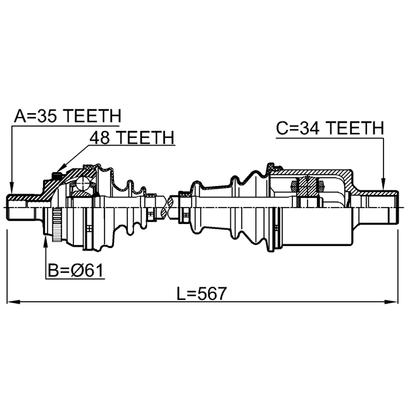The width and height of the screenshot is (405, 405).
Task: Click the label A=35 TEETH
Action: [68, 116]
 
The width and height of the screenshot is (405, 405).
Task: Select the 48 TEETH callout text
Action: [132, 137]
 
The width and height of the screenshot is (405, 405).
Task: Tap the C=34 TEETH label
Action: [330, 128]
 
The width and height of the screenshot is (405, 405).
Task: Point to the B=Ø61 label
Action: [76, 270]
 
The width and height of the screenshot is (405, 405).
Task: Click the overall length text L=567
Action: [201, 294]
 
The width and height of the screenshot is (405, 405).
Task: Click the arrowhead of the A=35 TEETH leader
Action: [11, 189]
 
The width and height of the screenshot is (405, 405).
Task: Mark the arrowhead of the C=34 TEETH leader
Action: [383, 184]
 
